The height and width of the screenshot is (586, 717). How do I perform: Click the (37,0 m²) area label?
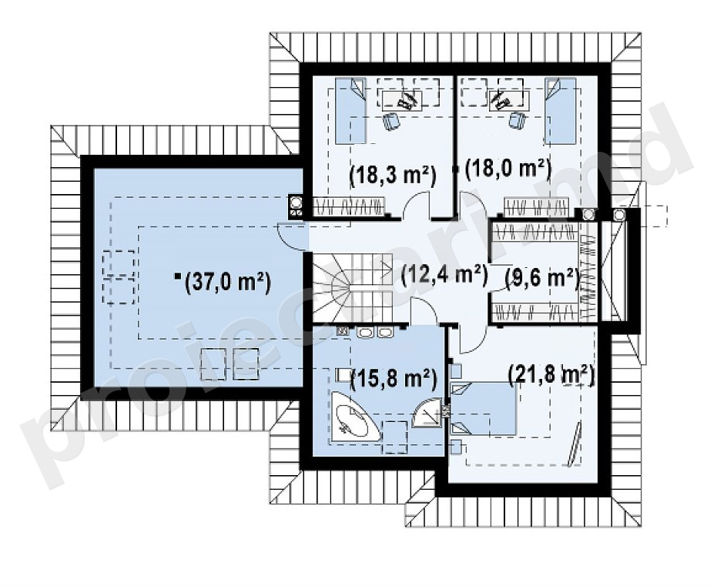[x=227, y=282]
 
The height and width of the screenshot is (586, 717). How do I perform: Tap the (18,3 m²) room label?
[x=392, y=175]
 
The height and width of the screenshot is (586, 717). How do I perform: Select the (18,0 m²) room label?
[x=507, y=169]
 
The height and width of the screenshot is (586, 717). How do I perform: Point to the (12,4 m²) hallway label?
[x=444, y=276]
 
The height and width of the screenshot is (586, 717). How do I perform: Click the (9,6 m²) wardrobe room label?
[x=543, y=279]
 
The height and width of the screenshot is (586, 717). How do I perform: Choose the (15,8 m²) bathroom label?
[x=393, y=379]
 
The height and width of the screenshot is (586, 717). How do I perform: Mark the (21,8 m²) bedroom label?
[x=551, y=375]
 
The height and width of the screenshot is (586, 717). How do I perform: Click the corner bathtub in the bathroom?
[x=353, y=417]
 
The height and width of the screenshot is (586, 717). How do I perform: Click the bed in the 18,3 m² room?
[x=350, y=111]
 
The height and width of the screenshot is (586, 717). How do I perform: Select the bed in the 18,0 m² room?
[x=560, y=110]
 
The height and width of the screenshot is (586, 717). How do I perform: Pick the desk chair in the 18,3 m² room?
[x=392, y=121]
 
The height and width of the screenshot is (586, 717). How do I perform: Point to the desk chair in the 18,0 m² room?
[x=518, y=121]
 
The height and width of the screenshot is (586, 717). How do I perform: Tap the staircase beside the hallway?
[x=353, y=287]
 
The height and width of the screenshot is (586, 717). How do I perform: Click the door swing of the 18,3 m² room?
[x=416, y=203]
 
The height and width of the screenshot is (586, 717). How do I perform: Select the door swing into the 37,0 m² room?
[x=290, y=236]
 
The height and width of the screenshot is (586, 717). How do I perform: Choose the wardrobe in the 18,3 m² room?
[x=350, y=206]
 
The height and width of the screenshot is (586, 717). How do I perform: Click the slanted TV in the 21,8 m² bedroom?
[x=575, y=445]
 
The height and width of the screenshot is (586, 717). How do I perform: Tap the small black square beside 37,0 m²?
[x=178, y=276]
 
